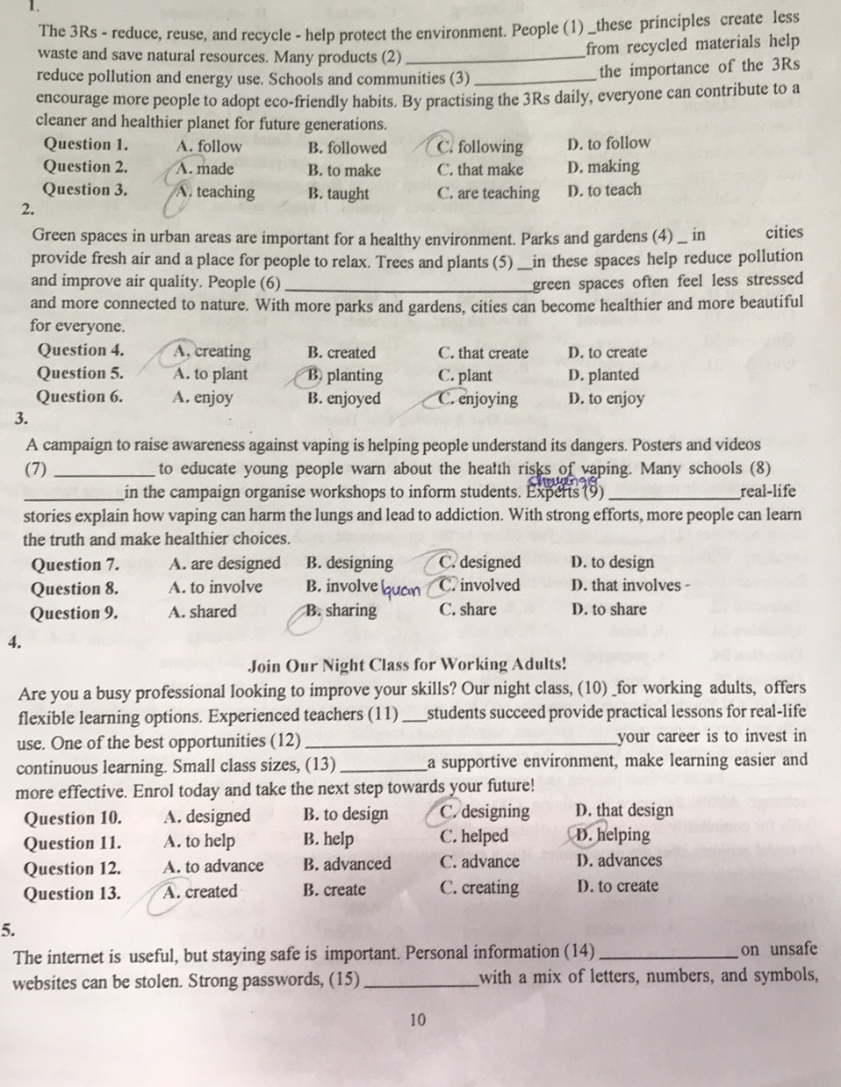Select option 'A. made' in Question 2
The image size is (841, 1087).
[x=204, y=169]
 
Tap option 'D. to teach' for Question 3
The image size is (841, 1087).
[x=605, y=190]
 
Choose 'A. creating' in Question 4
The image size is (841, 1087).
[x=212, y=351]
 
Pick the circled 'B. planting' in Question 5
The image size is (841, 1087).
[x=344, y=375]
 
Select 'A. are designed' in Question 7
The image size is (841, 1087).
[x=224, y=563]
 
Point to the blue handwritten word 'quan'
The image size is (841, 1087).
[x=400, y=588]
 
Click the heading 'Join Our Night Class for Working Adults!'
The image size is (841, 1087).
[x=407, y=665]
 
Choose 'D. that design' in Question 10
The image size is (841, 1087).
[x=624, y=810]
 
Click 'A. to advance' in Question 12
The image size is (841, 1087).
[x=213, y=866]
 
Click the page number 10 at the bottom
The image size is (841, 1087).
[x=417, y=1019]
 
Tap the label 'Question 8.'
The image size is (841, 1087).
[x=75, y=588]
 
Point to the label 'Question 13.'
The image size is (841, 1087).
[x=72, y=894]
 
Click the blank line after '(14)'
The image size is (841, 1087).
[x=666, y=954]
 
